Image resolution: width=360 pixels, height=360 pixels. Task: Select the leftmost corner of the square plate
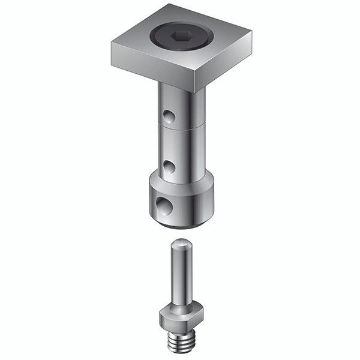pyautogui.click(x=112, y=47)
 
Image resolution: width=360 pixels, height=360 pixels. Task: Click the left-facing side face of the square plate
pyautogui.click(x=153, y=71)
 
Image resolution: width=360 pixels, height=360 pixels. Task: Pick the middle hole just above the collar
pyautogui.click(x=170, y=165)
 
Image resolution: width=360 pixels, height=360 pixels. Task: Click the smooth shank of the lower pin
pyautogui.click(x=179, y=276)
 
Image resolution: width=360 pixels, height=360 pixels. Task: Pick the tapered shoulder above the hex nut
pyautogui.click(x=179, y=305)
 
